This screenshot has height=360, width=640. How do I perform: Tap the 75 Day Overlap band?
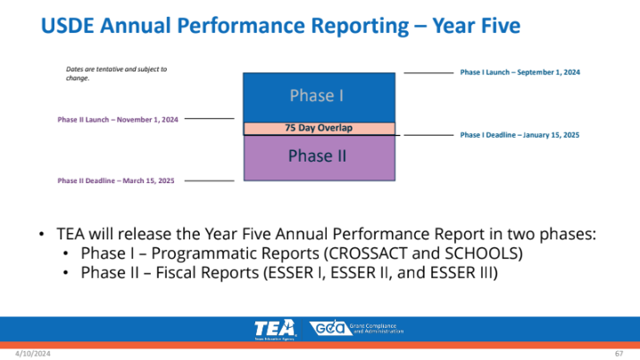pos(318,128)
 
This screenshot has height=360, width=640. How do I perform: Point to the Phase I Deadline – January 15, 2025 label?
pos(519,135)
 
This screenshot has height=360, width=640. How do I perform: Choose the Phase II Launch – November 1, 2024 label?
pos(118,118)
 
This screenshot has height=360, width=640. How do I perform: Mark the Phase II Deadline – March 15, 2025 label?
pos(116,180)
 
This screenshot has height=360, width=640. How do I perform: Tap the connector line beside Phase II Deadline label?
pos(209,180)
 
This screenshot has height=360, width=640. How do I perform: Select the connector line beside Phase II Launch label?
pos(210,118)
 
